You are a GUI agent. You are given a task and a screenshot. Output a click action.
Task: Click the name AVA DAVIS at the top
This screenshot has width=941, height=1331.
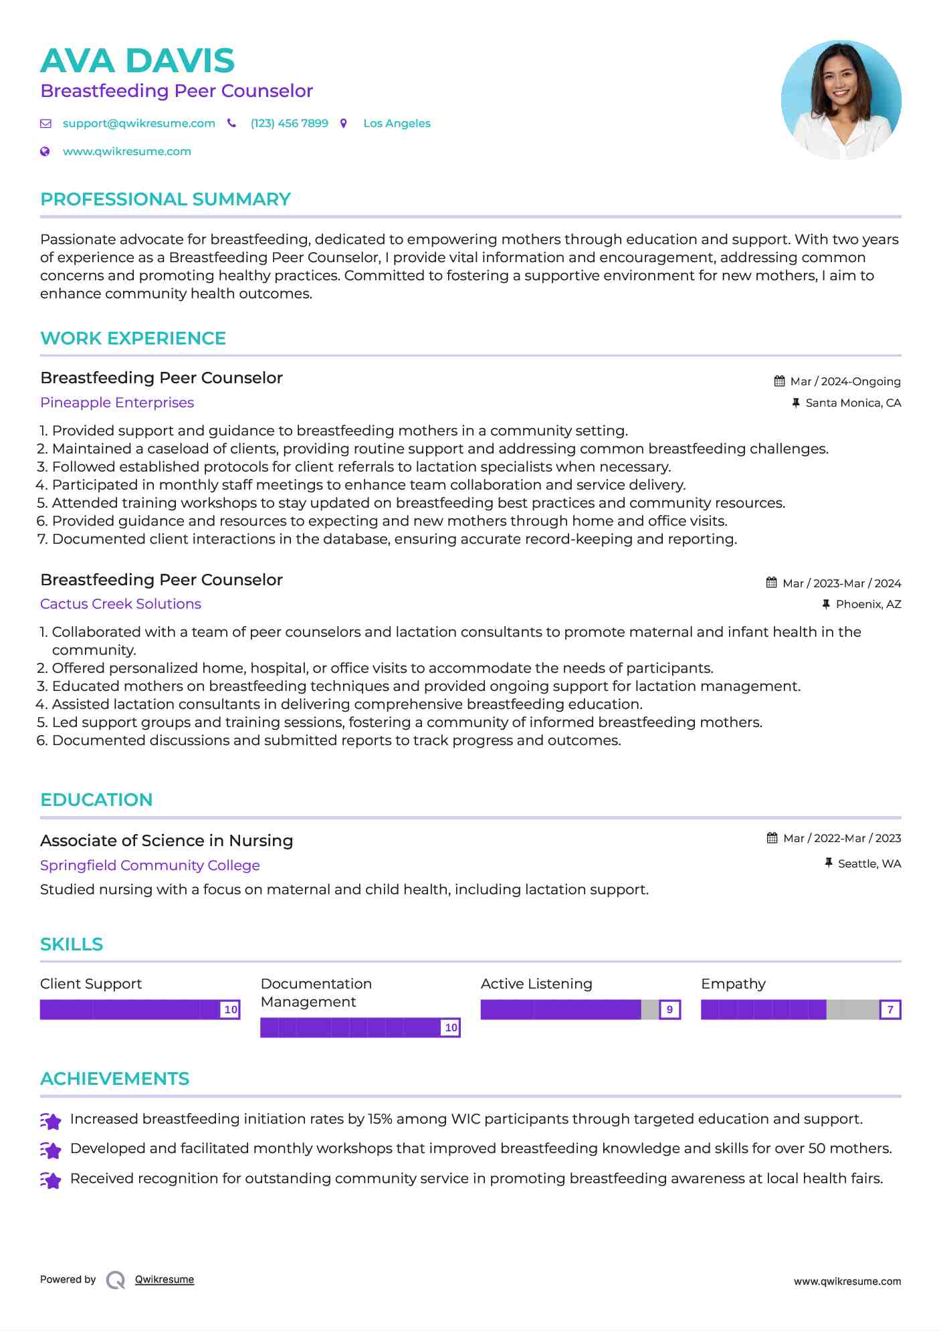(137, 61)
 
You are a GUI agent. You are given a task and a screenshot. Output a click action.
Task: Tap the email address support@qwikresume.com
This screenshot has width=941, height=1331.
(138, 124)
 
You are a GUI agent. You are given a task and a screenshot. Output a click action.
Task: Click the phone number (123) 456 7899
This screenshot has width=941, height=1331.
(289, 124)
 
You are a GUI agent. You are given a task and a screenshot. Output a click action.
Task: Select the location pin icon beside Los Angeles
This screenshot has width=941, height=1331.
(344, 124)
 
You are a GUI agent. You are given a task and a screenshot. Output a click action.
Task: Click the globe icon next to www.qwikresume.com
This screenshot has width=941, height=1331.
(45, 152)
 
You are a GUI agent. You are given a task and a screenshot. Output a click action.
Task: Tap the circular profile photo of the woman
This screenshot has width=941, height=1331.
(841, 100)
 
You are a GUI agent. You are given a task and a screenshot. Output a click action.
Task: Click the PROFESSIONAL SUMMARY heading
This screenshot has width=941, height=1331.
(165, 199)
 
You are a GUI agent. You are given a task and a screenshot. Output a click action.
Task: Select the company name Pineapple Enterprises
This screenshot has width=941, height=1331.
(117, 403)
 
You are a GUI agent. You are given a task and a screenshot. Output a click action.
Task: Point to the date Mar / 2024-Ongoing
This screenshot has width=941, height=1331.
(845, 382)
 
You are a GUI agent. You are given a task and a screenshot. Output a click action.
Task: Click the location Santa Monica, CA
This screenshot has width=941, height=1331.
(853, 403)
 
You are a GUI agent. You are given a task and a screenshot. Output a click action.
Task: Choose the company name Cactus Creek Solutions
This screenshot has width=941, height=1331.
(120, 604)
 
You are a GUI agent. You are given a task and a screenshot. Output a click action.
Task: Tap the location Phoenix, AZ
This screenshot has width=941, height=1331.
(868, 605)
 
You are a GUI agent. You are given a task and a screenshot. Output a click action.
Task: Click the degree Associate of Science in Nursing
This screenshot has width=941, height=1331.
(167, 841)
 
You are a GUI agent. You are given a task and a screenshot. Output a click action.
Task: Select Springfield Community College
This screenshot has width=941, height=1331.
(150, 865)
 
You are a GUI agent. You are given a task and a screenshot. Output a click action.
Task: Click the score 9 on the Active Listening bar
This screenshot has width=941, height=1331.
(669, 1010)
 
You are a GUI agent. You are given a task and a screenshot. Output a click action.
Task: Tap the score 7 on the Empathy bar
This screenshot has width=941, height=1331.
(890, 1010)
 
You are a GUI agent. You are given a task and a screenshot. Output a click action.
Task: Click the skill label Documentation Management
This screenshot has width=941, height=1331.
(316, 993)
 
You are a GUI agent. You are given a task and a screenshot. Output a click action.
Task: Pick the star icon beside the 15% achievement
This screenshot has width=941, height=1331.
(51, 1121)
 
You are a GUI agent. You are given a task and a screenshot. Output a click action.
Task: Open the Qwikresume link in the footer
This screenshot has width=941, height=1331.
(165, 1279)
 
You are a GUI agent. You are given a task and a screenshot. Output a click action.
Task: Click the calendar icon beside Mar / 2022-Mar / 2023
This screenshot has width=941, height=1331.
(772, 838)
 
